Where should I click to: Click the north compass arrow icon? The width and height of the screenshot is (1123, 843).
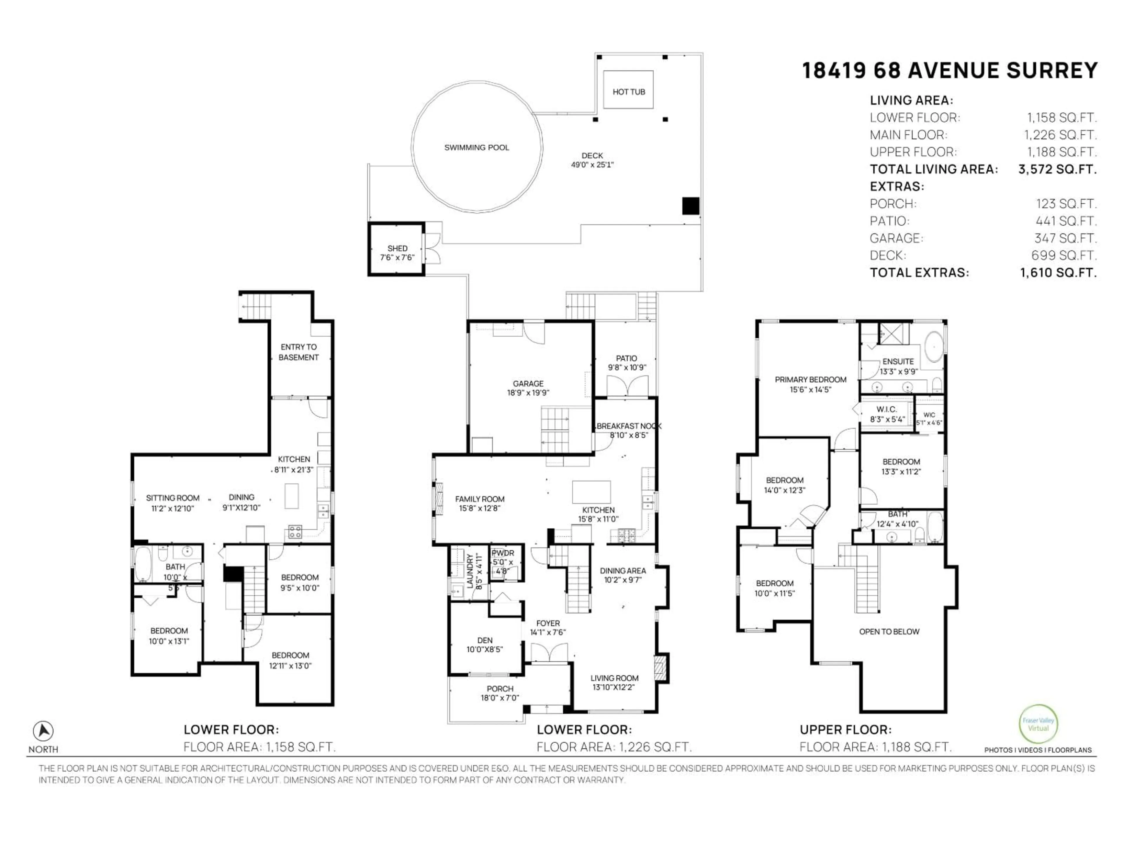43,731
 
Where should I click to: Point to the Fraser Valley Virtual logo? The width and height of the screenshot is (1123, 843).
1038,724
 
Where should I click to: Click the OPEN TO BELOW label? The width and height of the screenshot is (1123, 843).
889,632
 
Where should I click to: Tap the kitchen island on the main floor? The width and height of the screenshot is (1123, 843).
591,491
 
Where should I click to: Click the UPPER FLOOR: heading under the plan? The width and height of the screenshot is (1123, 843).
845,730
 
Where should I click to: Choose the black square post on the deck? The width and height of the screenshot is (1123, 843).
690,206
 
